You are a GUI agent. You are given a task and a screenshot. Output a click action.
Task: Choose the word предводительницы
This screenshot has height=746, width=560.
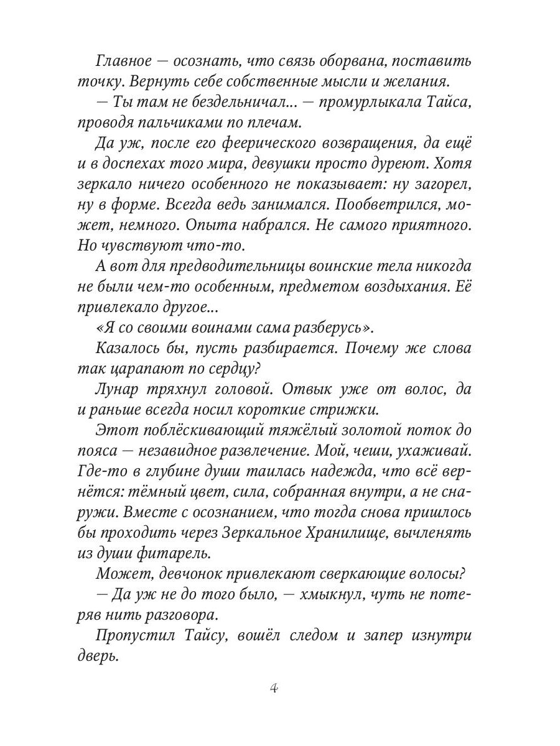coord(227,266)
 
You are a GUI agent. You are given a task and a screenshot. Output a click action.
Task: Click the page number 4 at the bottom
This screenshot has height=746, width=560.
coord(274,688)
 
